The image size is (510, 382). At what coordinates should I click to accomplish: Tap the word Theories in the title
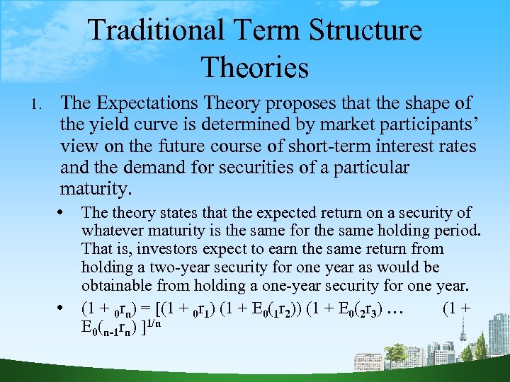(255, 67)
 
